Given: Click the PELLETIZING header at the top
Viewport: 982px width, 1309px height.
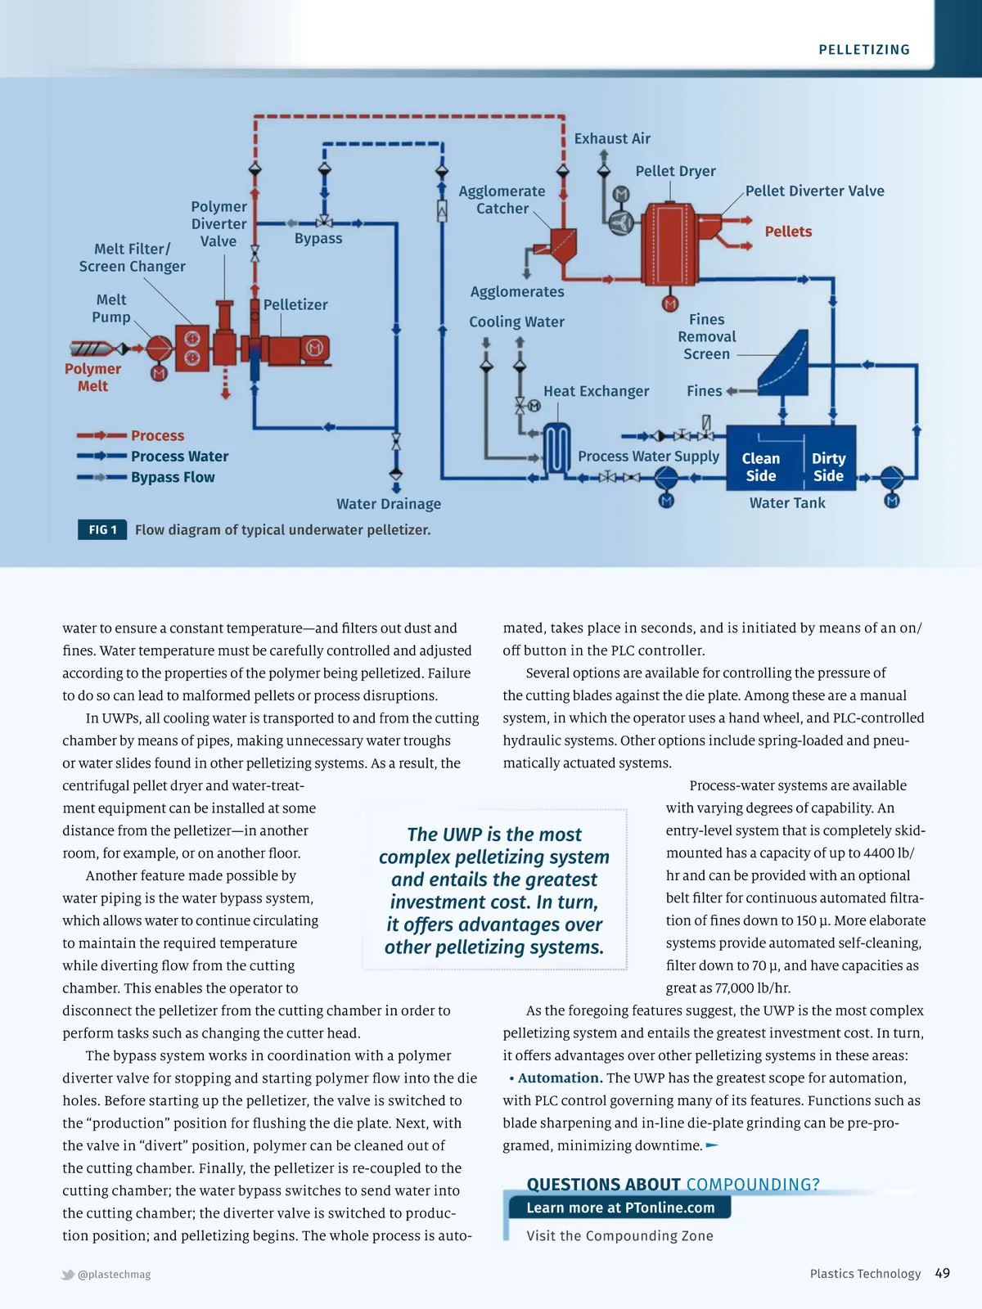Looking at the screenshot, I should [x=864, y=50].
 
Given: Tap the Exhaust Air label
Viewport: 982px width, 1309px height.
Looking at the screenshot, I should [x=612, y=139].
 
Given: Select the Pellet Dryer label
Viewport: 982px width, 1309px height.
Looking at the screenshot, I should [x=675, y=171].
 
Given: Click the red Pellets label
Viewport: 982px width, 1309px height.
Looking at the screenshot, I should [x=788, y=232].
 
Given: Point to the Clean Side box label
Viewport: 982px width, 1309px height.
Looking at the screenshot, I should [x=760, y=467].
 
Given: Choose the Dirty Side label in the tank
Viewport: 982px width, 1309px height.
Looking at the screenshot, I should [x=828, y=467].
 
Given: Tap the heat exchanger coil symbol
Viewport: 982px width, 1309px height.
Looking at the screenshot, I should [x=557, y=448].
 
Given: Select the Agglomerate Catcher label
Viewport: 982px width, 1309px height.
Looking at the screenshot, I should [x=502, y=200].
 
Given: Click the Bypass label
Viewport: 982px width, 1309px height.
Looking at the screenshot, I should [x=318, y=239].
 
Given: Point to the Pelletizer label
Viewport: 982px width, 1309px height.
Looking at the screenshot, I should [x=295, y=305].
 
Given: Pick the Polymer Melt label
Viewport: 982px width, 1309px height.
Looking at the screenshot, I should [x=92, y=377].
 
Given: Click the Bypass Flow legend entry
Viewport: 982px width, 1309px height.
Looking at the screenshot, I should [x=173, y=478].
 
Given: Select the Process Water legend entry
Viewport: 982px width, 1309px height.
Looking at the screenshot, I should [x=179, y=457].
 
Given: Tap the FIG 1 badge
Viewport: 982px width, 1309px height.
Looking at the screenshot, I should [x=102, y=530].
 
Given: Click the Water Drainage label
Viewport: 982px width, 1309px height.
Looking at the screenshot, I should [x=389, y=504].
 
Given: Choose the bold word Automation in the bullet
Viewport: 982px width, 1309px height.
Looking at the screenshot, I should [x=560, y=1078].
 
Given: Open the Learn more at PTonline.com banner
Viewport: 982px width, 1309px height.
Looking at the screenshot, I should [x=619, y=1208].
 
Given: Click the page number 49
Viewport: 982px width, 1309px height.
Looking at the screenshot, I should [x=942, y=1273].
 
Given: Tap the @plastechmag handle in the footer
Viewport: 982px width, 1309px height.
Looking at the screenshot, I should [x=114, y=1275].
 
